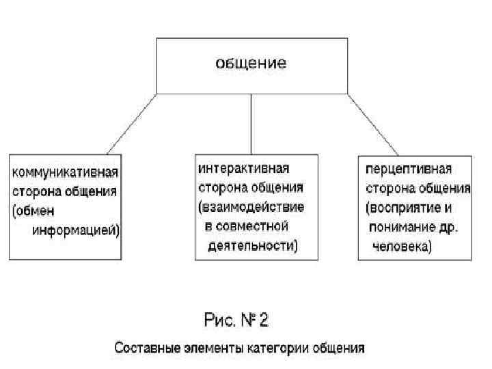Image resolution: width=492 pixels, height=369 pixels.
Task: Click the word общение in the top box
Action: point(251,64)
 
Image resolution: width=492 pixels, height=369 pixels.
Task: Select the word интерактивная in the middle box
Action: point(243,168)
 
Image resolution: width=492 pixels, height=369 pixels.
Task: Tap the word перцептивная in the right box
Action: point(409,168)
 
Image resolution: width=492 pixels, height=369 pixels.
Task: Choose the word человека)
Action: point(401,245)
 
